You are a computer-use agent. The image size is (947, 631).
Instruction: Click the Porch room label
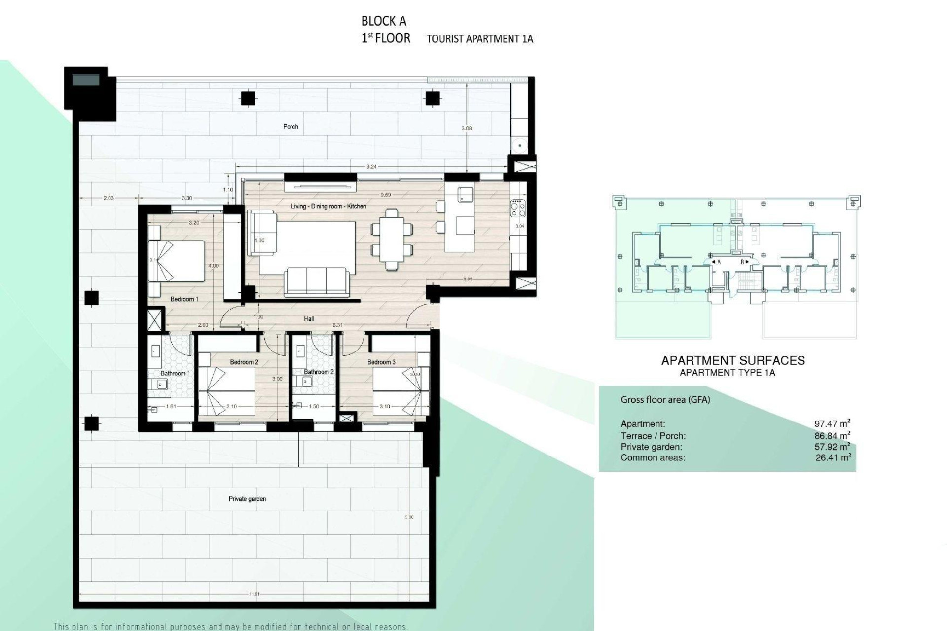pos(291,127)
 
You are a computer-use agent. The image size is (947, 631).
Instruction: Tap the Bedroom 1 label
pos(184,299)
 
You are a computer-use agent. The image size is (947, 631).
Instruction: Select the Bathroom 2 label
pos(319,372)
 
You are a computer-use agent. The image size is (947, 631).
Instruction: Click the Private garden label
pos(247,499)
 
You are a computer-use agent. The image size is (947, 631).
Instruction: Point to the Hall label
pos(309,319)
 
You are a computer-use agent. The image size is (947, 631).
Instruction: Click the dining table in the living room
pos(392,239)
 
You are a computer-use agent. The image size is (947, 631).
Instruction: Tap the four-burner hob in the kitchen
pos(518,207)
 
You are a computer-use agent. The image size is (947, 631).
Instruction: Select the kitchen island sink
pos(465,194)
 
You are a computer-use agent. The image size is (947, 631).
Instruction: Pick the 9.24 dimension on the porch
pos(371,167)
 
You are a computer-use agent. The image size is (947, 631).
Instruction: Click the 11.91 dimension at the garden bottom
pos(254,594)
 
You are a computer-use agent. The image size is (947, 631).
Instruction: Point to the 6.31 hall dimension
pos(337,325)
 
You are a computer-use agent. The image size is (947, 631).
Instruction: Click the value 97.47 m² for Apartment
pos(832,423)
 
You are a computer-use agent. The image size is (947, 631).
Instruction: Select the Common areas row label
pos(653,458)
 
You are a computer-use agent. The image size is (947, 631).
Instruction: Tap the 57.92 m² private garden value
pos(832,447)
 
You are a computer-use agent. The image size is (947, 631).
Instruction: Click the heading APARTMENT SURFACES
pos(733,360)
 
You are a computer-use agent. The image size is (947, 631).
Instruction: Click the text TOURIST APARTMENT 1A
pos(479,39)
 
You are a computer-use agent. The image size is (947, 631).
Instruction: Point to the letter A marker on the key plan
pos(719,262)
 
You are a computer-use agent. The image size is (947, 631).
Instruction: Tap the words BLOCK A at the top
pos(384,21)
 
